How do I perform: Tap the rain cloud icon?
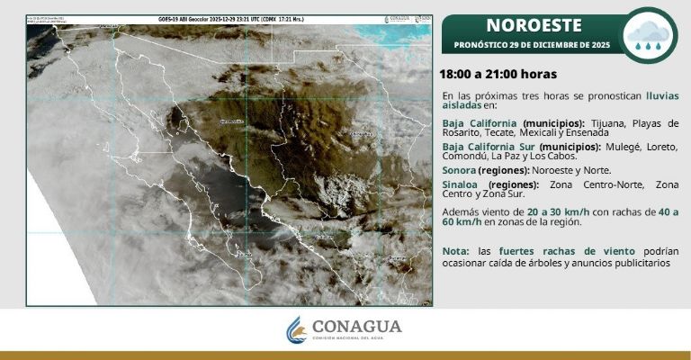[x=649, y=35]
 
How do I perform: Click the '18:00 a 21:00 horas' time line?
[x=498, y=74]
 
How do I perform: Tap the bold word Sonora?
[x=459, y=169]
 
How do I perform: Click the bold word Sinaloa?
[x=460, y=184]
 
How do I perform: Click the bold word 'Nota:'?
[x=456, y=250]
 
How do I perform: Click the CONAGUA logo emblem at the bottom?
[x=296, y=329]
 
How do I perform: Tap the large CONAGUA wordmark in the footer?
[x=357, y=326]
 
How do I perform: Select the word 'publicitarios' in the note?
[x=641, y=263]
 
